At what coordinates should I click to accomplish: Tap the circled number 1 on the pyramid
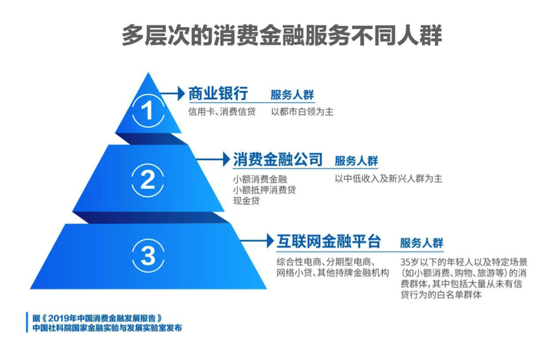[148, 112]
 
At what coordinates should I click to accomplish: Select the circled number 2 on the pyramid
[148, 178]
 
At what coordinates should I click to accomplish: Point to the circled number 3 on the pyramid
[148, 256]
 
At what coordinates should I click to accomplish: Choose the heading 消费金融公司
[277, 159]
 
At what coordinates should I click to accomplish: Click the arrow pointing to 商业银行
[172, 93]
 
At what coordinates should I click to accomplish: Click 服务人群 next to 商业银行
[292, 94]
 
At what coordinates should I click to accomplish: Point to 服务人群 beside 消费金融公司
[356, 161]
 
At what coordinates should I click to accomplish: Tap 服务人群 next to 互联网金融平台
[422, 243]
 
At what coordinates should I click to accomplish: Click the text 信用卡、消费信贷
[222, 112]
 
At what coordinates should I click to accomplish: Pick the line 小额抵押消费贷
[264, 189]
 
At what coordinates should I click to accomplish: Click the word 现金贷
[247, 201]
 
